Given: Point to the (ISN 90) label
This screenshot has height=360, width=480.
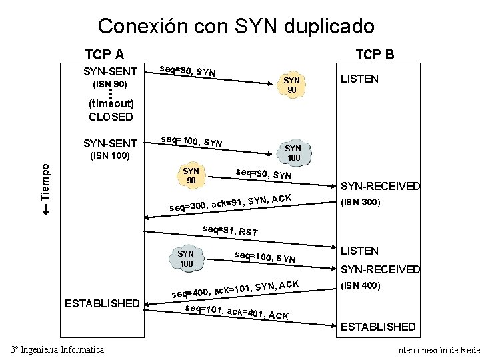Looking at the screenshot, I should click(x=109, y=85).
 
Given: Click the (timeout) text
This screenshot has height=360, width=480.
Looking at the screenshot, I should click(x=111, y=103).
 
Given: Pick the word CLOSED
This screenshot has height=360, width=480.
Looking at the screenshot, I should click(x=111, y=117).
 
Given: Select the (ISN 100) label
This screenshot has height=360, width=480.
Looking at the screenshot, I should click(x=109, y=157).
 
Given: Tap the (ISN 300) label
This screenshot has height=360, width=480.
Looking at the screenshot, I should click(x=360, y=202).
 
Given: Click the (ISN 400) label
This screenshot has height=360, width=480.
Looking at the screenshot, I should click(x=360, y=285).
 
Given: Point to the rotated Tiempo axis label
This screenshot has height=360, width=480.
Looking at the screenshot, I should click(x=45, y=188).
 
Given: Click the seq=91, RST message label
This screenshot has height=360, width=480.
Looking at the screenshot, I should click(x=230, y=231).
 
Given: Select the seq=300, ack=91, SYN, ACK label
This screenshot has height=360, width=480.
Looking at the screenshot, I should click(x=230, y=201).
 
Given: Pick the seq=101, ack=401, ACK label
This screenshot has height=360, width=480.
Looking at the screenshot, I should click(x=237, y=312).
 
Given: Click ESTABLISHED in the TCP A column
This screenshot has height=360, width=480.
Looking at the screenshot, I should click(x=101, y=303).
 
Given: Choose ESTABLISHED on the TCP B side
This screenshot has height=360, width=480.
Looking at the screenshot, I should click(x=378, y=327).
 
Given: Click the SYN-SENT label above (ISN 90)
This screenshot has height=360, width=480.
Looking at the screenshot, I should click(x=110, y=71).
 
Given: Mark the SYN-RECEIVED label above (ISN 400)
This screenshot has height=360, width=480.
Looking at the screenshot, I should click(x=381, y=269).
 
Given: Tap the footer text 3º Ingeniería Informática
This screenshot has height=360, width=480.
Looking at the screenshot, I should click(x=57, y=349).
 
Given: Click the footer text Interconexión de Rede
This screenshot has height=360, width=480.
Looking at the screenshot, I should click(x=437, y=350).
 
